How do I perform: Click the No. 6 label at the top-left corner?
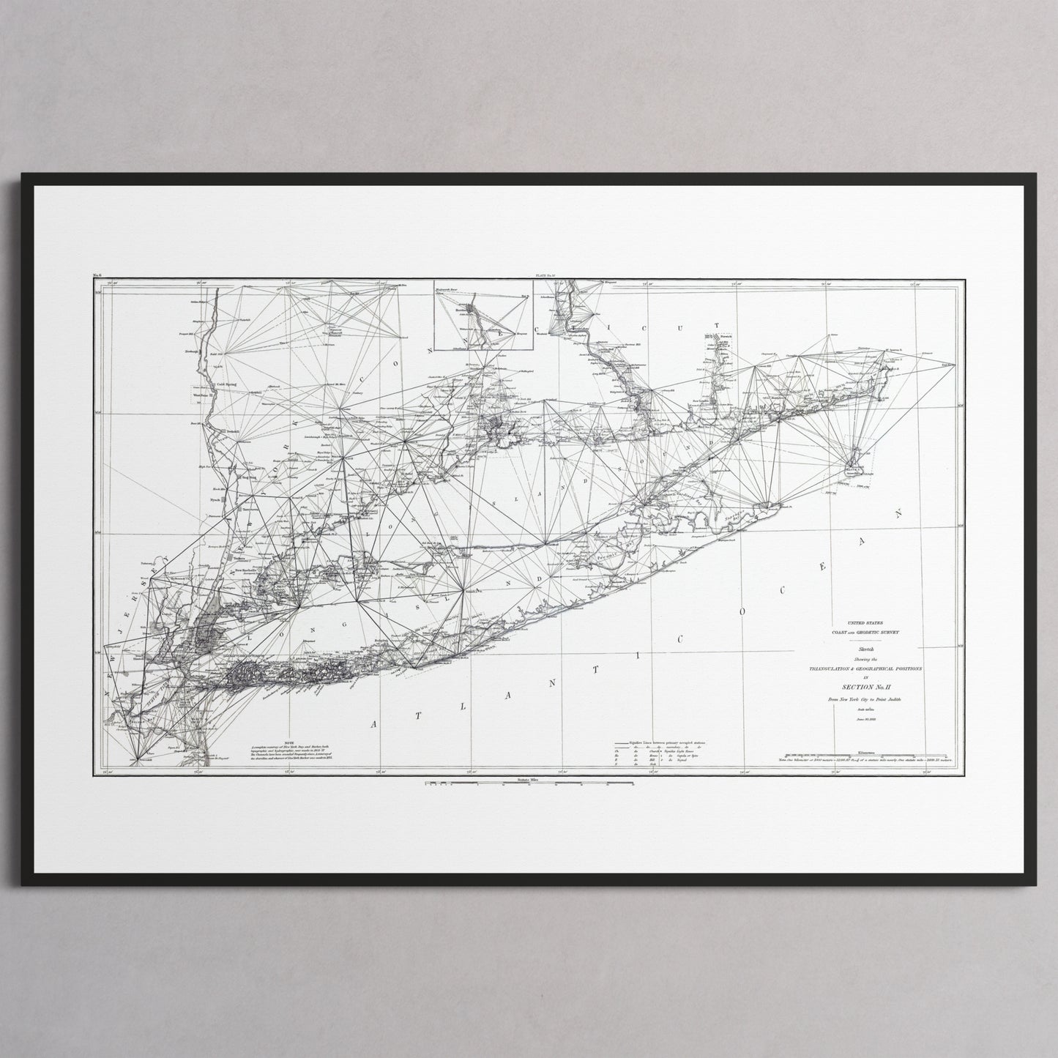click(98, 276)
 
